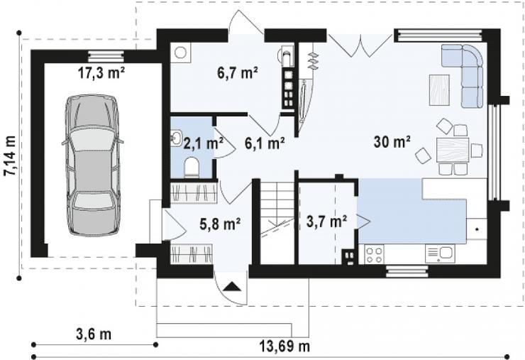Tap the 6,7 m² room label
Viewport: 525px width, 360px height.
click(x=238, y=72)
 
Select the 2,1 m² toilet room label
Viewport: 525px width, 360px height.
click(x=203, y=143)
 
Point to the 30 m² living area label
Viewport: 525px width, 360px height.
click(x=392, y=142)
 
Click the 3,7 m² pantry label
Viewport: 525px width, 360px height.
click(x=326, y=222)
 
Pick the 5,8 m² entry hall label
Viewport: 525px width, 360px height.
click(x=220, y=224)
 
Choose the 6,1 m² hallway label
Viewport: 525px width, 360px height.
click(x=265, y=143)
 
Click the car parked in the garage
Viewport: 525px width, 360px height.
click(x=93, y=165)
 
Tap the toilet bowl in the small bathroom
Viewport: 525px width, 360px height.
click(x=192, y=168)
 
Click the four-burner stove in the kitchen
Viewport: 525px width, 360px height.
click(x=375, y=254)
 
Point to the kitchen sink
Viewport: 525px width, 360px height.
click(x=440, y=253)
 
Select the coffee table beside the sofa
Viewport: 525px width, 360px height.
click(x=439, y=90)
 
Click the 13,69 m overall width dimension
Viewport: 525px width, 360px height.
click(x=284, y=346)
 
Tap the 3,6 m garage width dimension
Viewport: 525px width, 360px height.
click(x=94, y=334)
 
